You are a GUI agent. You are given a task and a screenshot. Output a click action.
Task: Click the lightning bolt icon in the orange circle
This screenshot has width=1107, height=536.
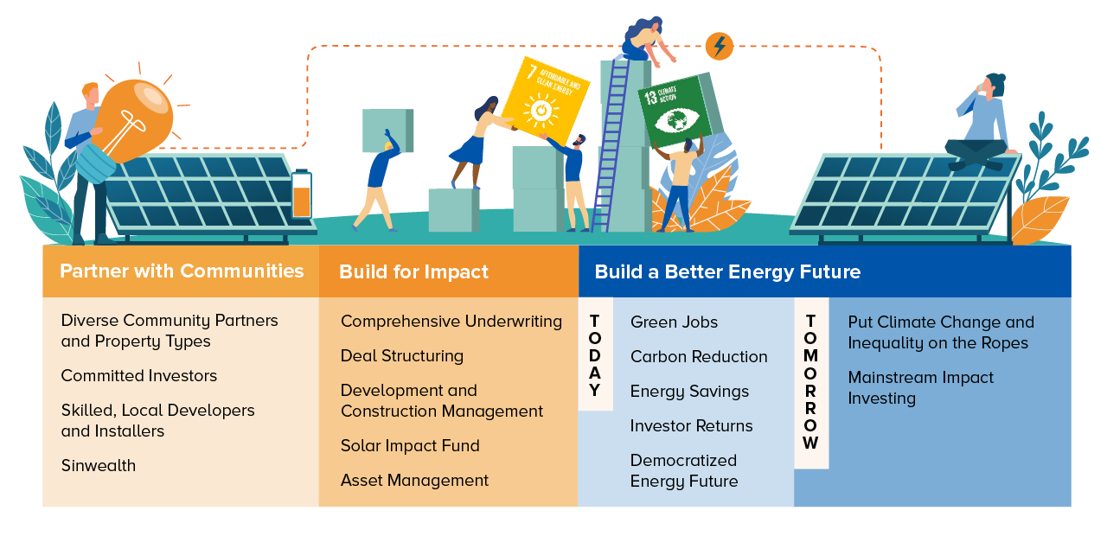pyautogui.click(x=720, y=46)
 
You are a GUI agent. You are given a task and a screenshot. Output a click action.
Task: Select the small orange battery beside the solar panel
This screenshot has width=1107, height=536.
pyautogui.click(x=302, y=195)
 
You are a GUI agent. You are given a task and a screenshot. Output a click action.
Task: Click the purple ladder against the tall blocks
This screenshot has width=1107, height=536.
pyautogui.click(x=611, y=144)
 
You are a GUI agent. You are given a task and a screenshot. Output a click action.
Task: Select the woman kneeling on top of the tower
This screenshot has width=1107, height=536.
pyautogui.click(x=646, y=41)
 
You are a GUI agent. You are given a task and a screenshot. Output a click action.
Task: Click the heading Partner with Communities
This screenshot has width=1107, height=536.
pyautogui.click(x=182, y=271)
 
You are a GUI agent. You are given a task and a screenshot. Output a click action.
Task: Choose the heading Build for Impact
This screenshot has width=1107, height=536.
pyautogui.click(x=413, y=272)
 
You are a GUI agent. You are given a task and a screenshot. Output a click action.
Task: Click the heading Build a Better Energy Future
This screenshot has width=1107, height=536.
pyautogui.click(x=727, y=272)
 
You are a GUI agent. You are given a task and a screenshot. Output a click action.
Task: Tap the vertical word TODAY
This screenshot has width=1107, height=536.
pyautogui.click(x=595, y=355)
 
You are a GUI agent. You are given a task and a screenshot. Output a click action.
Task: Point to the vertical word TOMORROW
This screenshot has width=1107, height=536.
pyautogui.click(x=810, y=382)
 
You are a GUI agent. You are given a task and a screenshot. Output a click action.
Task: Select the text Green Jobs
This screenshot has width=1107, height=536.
pyautogui.click(x=674, y=322)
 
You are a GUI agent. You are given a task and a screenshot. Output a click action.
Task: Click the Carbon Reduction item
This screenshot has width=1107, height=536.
pyautogui.click(x=699, y=357)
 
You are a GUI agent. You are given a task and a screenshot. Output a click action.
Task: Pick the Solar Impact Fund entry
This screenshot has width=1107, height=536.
pyautogui.click(x=410, y=445)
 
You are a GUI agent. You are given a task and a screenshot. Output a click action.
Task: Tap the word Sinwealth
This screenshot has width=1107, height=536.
pyautogui.click(x=99, y=465)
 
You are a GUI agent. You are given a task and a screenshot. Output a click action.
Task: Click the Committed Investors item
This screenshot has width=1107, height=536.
pyautogui.click(x=139, y=375)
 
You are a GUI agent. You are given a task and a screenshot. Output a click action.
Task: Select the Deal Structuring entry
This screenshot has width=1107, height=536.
pyautogui.click(x=402, y=355)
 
